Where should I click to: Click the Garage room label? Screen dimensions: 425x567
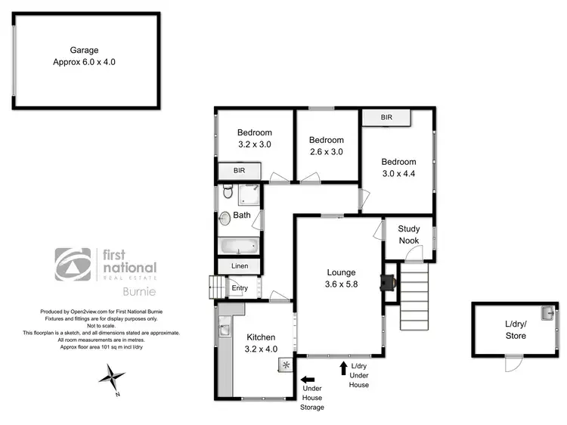point(85,50)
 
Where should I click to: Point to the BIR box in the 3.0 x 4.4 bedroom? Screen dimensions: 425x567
point(386,118)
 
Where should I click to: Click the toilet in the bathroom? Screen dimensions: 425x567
point(228,194)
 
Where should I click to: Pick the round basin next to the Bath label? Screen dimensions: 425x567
point(225,218)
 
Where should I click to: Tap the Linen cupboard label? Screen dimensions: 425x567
point(239,267)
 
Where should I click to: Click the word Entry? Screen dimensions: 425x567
point(240,288)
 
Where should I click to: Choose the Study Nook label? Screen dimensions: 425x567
point(409,234)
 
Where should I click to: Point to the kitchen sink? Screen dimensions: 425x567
point(224,328)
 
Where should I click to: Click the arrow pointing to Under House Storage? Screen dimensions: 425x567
point(307,380)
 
